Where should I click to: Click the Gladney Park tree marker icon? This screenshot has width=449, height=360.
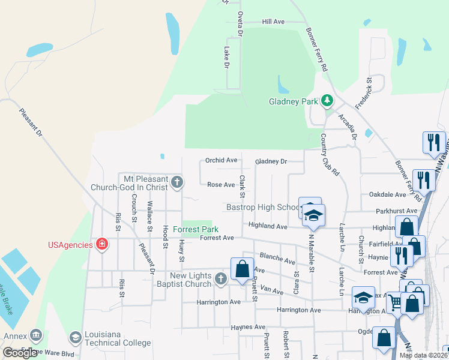[x=327, y=100]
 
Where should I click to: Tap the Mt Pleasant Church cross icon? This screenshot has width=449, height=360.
[x=176, y=182]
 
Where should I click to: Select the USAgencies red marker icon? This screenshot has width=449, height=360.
[x=102, y=244]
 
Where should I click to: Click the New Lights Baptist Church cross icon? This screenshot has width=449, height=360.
[x=221, y=278]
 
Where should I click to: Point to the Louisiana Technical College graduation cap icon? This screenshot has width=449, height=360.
[x=76, y=338]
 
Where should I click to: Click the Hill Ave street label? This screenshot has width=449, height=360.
[x=273, y=22]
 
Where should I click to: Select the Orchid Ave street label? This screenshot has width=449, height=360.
[x=221, y=160]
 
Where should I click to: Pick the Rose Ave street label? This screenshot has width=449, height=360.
[x=221, y=185]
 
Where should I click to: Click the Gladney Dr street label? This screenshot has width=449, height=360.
[x=271, y=161]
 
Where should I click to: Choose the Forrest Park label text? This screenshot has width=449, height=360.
[x=195, y=229]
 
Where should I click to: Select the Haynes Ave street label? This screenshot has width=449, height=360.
[x=248, y=327]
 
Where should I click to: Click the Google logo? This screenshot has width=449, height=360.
[x=20, y=353]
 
